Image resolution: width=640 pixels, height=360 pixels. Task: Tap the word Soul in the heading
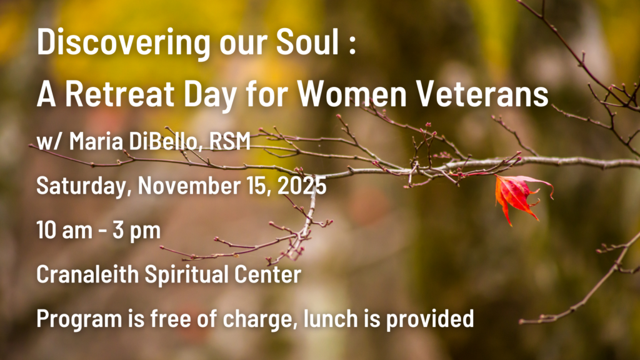307,42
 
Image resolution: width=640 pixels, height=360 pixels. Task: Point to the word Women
351,94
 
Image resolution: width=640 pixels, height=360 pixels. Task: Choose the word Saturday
84,186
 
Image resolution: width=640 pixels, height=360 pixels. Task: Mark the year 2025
302,185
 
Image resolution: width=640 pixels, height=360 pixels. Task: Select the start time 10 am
64,230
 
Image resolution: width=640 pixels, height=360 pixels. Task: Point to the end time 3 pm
136,231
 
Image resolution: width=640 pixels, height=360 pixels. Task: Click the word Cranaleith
87,274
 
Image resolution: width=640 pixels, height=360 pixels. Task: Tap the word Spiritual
186,274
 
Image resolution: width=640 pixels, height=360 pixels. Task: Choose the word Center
267,274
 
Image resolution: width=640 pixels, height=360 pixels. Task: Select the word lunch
331,318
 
